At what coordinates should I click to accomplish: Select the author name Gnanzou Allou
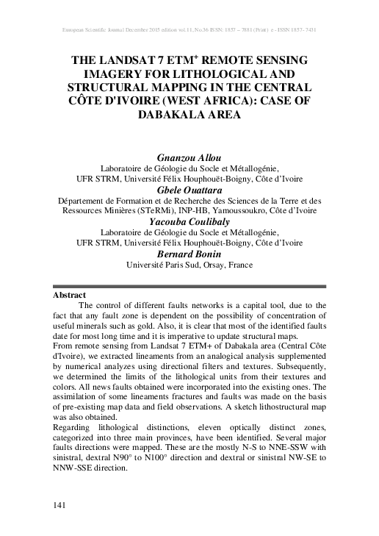[x=189, y=157]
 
